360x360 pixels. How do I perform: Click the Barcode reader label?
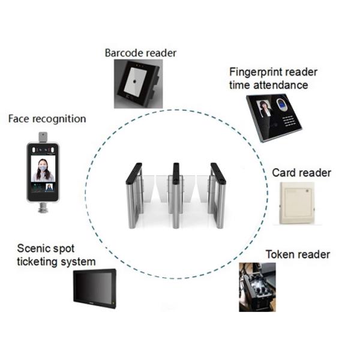click(x=140, y=53)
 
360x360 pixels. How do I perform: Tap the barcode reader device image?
click(x=139, y=83)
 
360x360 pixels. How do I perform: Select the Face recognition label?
click(x=47, y=119)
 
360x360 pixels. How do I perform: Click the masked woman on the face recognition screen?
click(x=43, y=169)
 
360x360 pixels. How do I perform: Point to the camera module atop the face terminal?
click(x=43, y=137)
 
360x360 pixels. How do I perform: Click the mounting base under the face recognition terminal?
click(x=43, y=208)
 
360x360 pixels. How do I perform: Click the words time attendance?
click(x=268, y=85)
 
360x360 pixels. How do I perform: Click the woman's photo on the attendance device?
click(x=265, y=109)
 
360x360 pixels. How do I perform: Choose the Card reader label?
click(x=301, y=173)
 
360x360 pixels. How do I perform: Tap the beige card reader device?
click(x=297, y=203)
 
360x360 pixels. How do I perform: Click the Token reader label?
click(x=298, y=254)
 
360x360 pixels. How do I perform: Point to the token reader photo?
click(x=257, y=287)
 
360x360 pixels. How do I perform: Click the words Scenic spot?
click(x=46, y=249)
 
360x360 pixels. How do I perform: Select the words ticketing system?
click(x=56, y=262)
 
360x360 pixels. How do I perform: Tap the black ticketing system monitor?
click(x=95, y=289)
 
